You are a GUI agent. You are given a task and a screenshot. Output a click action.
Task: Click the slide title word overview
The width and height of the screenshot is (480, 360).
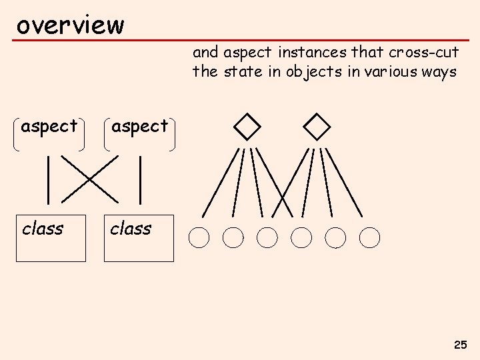click(70, 25)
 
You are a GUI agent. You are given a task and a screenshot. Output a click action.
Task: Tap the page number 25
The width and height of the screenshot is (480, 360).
click(460, 345)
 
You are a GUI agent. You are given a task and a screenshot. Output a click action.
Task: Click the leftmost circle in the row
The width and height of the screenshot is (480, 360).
click(199, 237)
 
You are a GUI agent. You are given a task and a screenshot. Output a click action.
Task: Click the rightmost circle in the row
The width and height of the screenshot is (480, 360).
click(369, 237)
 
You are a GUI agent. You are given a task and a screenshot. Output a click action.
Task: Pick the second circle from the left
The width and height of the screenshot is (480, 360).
click(233, 237)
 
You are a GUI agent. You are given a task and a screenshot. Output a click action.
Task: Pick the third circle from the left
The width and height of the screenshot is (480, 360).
click(267, 237)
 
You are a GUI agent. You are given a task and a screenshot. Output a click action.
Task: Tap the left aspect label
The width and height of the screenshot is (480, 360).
click(49, 126)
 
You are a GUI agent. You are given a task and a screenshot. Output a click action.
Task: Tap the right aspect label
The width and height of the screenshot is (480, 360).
click(139, 126)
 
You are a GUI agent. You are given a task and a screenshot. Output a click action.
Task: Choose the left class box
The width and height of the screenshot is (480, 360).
click(51, 238)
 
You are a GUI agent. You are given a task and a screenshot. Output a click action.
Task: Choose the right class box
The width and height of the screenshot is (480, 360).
click(139, 238)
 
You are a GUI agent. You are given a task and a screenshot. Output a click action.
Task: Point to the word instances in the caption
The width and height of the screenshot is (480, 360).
click(309, 52)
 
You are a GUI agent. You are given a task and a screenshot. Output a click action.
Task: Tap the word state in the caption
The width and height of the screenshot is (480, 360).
click(242, 72)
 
